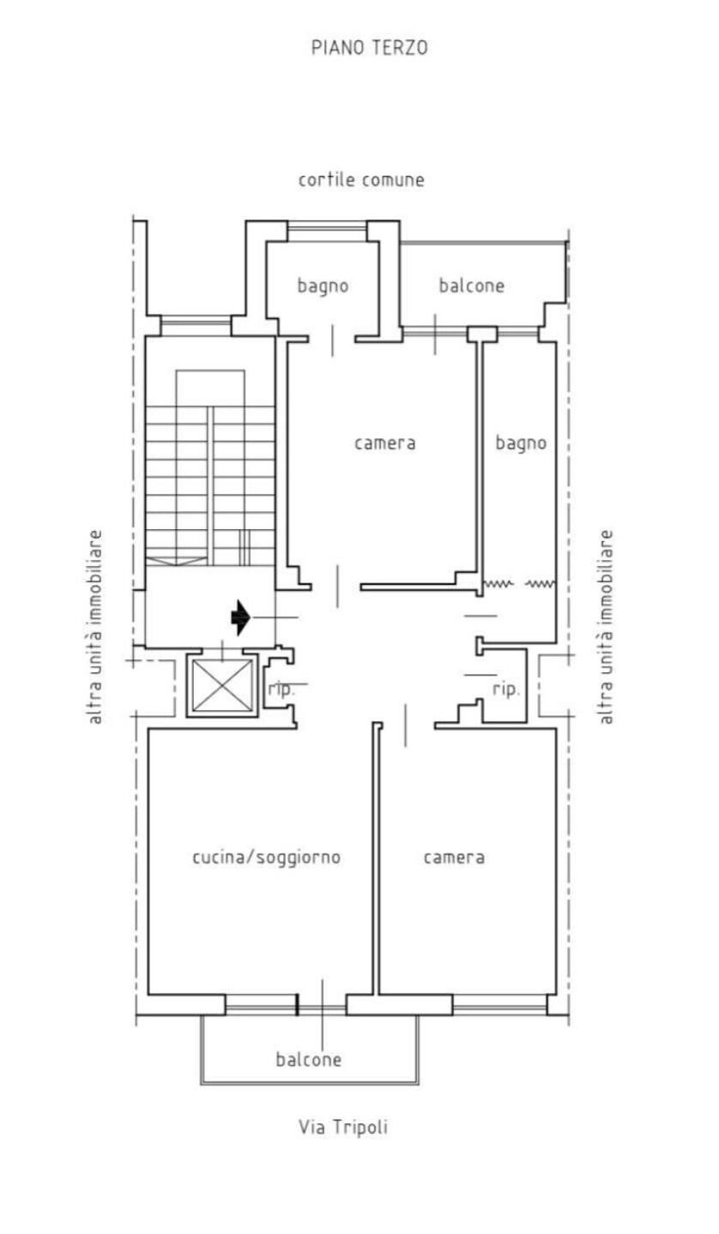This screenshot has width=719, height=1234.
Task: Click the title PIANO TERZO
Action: click(370, 48)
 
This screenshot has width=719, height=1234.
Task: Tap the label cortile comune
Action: click(361, 179)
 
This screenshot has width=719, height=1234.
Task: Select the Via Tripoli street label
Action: click(343, 1127)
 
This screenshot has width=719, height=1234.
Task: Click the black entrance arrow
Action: click(240, 617)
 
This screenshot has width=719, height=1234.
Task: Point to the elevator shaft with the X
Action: click(222, 685)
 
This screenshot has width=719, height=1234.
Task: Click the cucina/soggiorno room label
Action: click(266, 858)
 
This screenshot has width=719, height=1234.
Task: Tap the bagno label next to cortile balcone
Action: click(323, 286)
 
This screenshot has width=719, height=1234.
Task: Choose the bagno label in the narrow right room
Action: click(521, 442)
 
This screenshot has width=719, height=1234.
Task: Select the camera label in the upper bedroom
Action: click(385, 443)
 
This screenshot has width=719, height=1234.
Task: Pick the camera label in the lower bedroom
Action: click(454, 858)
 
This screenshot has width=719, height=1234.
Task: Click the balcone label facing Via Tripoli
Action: click(309, 1059)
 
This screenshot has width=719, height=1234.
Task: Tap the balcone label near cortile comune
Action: click(471, 286)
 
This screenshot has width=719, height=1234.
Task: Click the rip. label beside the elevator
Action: click(281, 689)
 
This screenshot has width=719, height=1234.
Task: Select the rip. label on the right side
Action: click(506, 689)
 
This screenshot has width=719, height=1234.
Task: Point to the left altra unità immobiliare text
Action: click(95, 627)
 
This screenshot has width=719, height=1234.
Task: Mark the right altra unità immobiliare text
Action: click(605, 627)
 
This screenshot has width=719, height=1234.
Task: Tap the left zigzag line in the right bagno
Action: click(498, 583)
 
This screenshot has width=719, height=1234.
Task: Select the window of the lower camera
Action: click(499, 1005)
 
